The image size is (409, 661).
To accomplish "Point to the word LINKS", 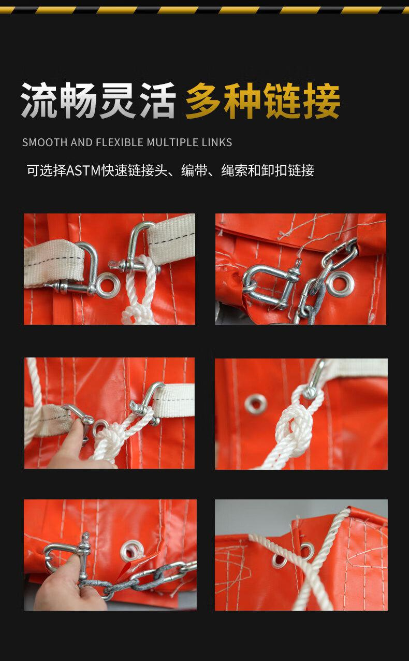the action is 217,142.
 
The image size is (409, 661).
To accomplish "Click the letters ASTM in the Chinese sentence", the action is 84,170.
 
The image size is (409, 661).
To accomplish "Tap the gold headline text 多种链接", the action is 262,101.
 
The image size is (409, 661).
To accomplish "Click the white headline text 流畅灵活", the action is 98,100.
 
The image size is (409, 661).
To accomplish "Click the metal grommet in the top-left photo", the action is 108,285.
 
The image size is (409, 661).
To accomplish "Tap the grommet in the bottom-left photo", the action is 133,550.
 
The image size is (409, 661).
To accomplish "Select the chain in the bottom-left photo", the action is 139,580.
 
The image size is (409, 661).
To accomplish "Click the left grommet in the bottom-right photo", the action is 279,560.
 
